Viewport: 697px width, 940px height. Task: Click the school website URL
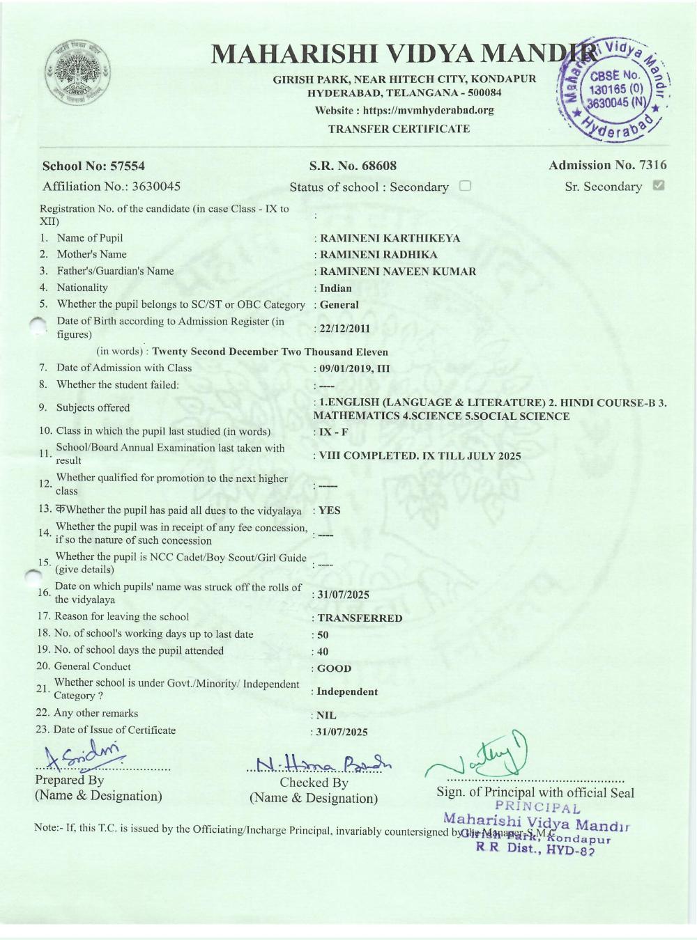point(404,110)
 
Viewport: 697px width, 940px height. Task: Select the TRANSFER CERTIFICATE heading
point(399,129)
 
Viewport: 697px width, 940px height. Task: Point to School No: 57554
point(93,166)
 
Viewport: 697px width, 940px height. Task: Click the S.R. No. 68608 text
point(353,166)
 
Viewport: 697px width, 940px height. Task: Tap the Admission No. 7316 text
point(607,165)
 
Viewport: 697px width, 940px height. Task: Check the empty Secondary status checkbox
point(466,186)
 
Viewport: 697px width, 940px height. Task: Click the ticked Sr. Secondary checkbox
point(658,186)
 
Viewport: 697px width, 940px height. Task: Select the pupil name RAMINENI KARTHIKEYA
point(390,238)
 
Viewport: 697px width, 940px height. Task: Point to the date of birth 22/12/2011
point(344,329)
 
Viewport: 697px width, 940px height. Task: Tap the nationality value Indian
point(336,288)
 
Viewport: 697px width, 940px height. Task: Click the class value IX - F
point(333,432)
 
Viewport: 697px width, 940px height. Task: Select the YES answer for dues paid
point(330,510)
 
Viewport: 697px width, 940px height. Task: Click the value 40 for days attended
point(323,652)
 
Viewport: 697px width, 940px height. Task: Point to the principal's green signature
point(481,759)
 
